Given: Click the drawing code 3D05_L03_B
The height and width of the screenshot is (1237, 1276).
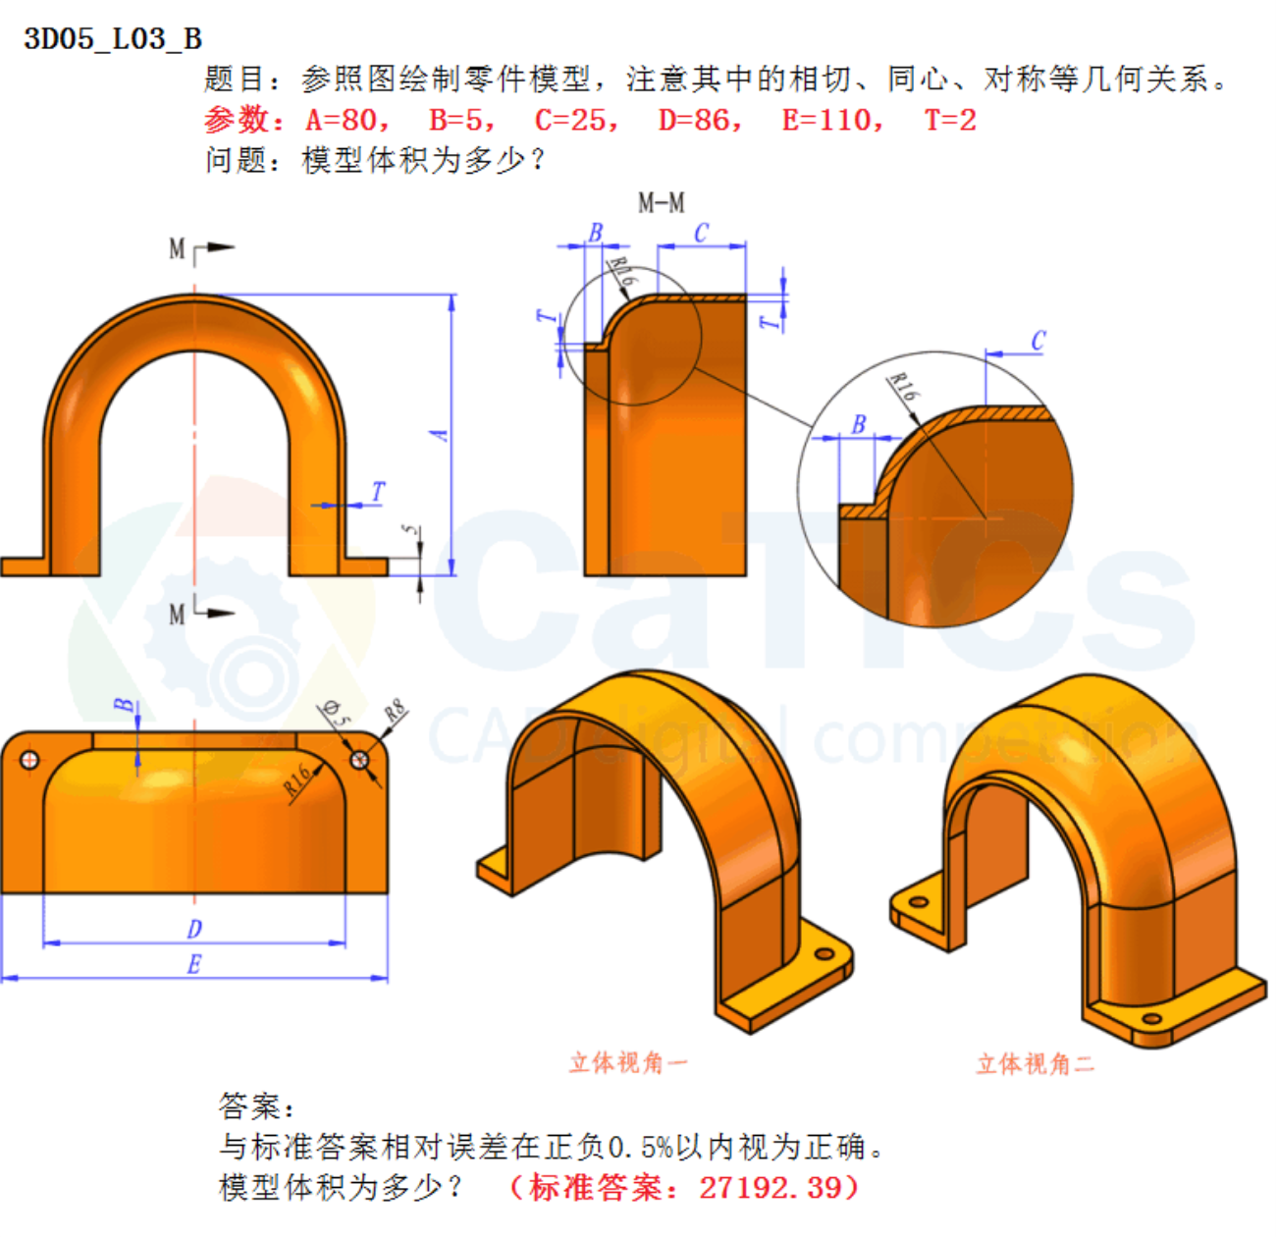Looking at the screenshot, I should tap(113, 38).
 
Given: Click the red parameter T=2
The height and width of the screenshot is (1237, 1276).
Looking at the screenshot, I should tap(950, 120).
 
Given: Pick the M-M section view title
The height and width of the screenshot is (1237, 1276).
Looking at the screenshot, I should tap(661, 203).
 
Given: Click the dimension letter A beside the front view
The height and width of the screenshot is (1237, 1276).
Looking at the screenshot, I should tap(441, 433).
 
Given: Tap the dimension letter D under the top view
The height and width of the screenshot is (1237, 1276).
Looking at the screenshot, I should tap(194, 928).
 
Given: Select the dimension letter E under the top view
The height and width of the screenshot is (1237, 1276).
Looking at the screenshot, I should tap(194, 964).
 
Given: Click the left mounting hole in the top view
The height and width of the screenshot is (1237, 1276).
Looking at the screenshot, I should tap(29, 759).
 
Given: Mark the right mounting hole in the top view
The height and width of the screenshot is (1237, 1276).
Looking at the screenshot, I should tap(359, 759).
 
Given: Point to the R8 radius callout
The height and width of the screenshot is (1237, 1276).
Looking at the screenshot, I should tap(395, 711).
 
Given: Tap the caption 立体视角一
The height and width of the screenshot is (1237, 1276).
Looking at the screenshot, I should tap(628, 1062).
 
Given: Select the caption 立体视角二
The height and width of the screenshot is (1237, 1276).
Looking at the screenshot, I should tap(1035, 1063).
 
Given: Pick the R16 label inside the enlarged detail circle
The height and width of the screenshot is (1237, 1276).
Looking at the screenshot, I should tap(903, 387).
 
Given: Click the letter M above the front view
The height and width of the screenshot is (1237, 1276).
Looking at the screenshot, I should tap(177, 248).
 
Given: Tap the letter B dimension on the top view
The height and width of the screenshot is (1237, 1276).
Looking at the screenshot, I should tap(123, 706).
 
